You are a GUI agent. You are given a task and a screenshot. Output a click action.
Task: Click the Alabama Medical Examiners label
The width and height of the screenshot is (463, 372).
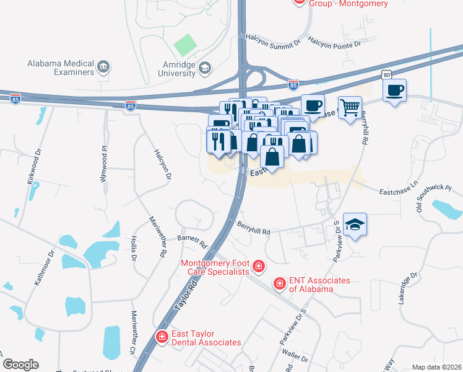[60, 68]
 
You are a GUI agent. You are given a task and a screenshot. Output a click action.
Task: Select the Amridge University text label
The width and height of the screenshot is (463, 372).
[170, 68]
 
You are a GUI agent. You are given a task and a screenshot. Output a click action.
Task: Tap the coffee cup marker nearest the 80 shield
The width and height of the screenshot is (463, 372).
[394, 91]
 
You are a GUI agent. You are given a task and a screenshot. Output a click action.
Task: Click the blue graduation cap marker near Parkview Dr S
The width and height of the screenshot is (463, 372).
[355, 224]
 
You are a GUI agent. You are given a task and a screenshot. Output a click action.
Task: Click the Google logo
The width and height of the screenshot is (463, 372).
[20, 365]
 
